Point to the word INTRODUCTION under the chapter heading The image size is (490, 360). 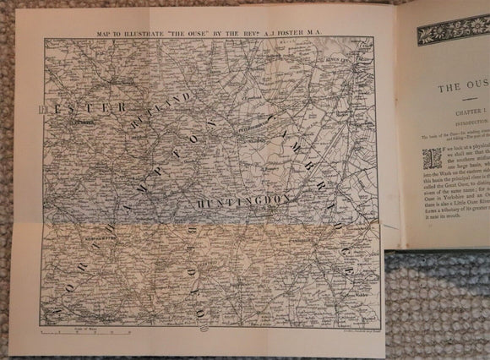click(464, 121)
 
